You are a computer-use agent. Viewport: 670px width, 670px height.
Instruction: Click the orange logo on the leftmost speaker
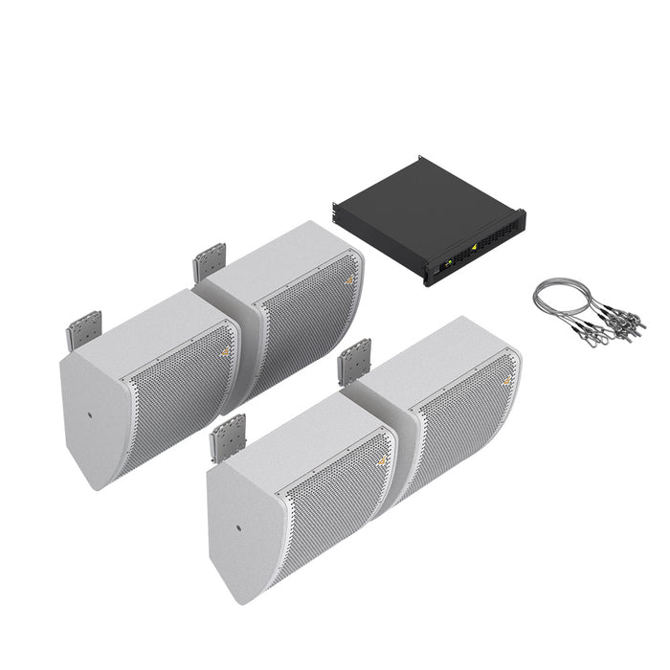(x=224, y=351)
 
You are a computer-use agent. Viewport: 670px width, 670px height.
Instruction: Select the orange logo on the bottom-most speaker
(x=382, y=458)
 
